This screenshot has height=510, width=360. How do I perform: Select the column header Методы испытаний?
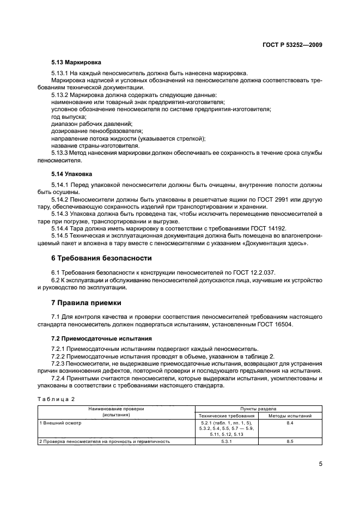[x=290, y=416]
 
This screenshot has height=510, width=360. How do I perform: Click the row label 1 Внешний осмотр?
[x=58, y=422]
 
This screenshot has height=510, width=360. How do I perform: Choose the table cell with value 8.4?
[x=290, y=422]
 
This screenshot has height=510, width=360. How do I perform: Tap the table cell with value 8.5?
[x=290, y=441]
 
